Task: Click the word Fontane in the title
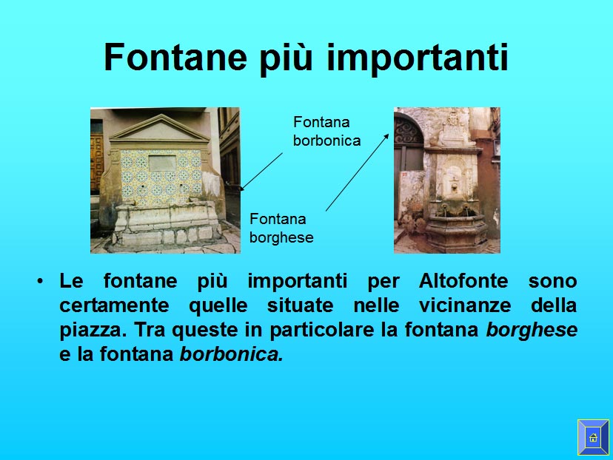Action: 175,58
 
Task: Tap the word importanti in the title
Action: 417,58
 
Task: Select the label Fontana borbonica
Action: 326,131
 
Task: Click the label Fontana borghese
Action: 281,228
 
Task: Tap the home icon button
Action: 593,437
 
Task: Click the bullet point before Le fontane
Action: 40,281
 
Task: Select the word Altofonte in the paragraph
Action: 463,281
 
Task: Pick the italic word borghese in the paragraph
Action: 532,330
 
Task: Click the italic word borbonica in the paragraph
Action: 232,354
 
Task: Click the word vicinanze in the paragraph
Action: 465,305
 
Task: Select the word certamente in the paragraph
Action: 114,305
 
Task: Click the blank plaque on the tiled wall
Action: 162,163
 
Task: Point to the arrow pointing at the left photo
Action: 261,172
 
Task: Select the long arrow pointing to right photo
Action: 358,172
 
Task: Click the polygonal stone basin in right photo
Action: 456,232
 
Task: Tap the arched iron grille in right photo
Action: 409,129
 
